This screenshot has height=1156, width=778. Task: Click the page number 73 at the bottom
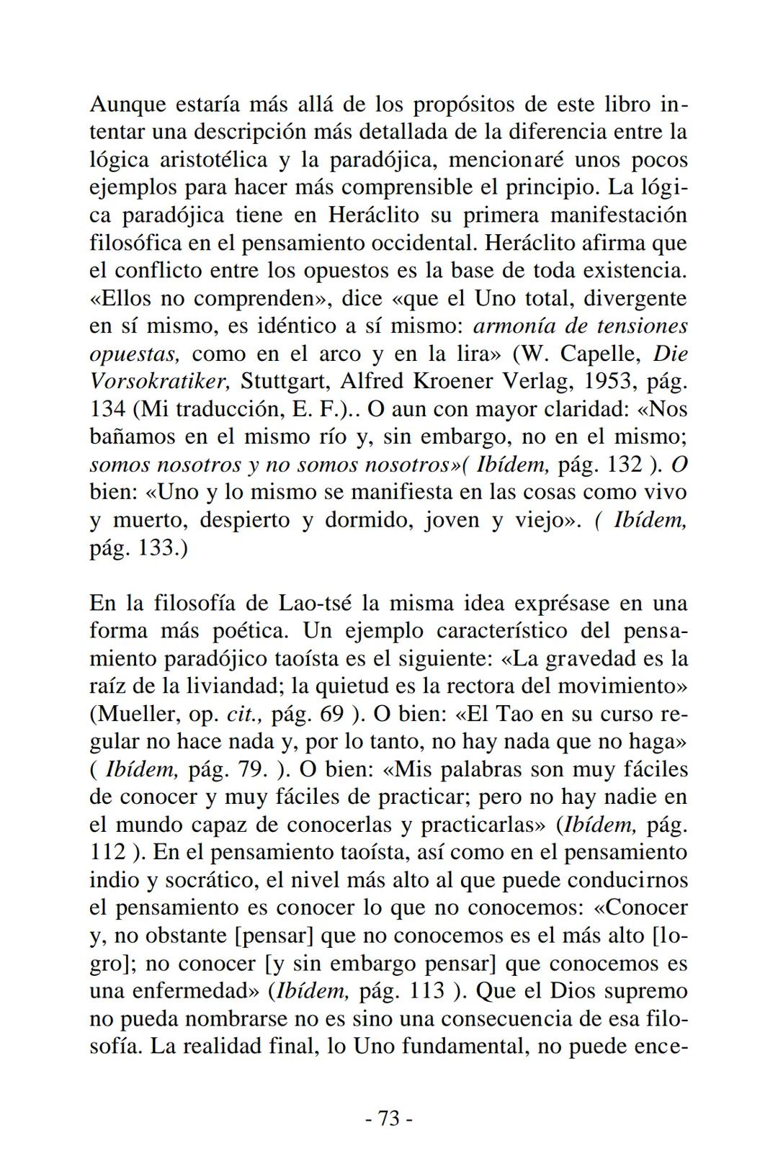(x=388, y=1119)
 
